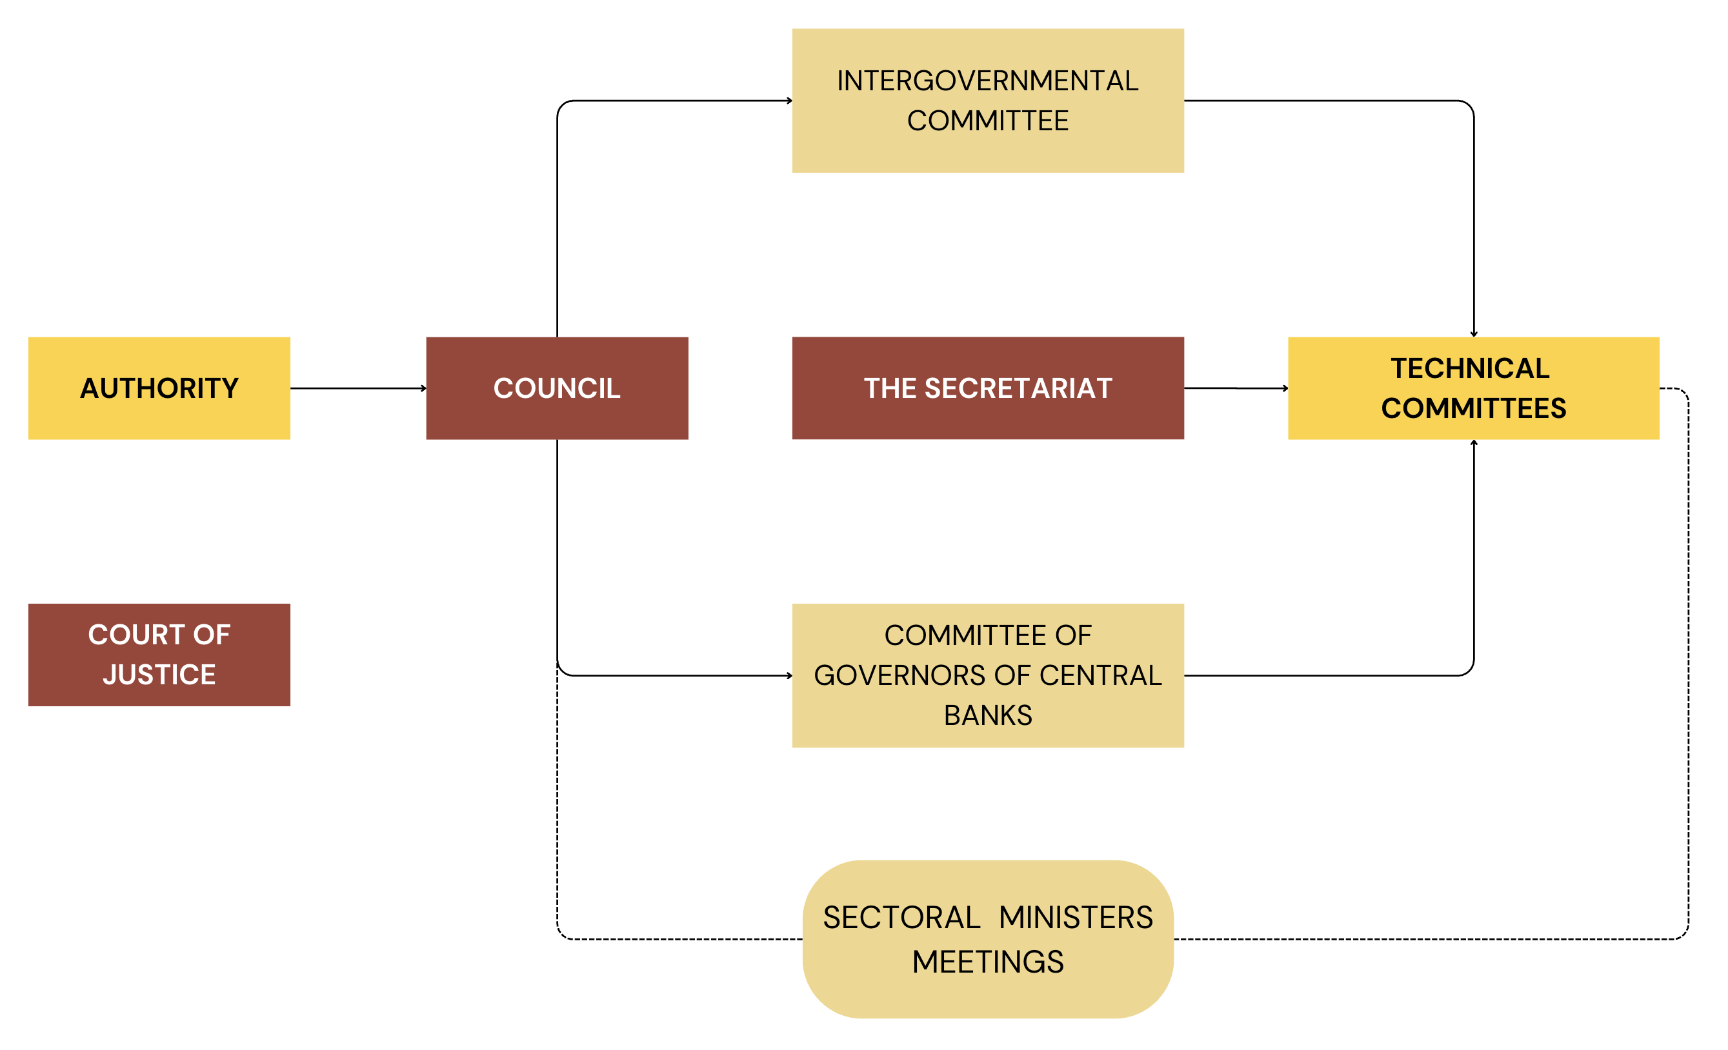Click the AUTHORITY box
click(159, 388)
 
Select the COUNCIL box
click(557, 388)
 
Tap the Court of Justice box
click(159, 654)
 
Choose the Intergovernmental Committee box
click(987, 100)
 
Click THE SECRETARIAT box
click(987, 388)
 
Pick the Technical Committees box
click(1472, 388)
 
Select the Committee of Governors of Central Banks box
click(987, 675)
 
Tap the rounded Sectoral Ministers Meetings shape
click(987, 938)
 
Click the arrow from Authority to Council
click(357, 388)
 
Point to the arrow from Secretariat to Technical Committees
click(1235, 388)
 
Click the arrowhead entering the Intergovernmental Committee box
click(789, 100)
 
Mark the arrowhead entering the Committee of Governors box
click(789, 675)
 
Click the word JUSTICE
click(159, 674)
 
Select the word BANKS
click(987, 715)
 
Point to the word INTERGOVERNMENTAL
click(987, 81)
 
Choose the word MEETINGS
click(987, 961)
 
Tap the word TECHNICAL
click(1470, 368)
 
